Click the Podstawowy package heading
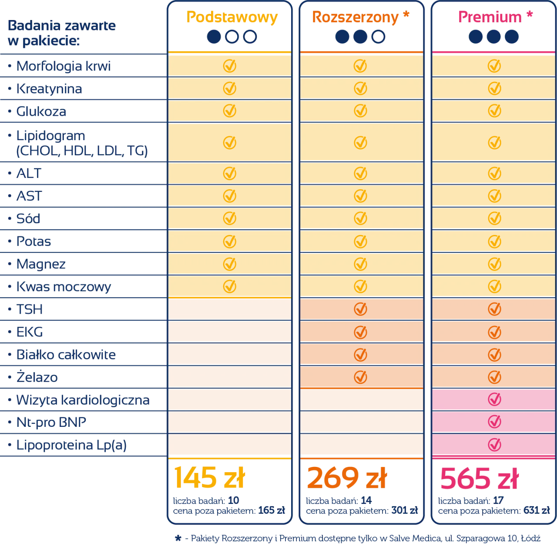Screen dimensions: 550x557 (231, 17)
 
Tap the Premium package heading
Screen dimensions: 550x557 (490, 17)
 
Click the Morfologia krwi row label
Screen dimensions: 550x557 (64, 67)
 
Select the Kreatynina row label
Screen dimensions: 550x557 (49, 89)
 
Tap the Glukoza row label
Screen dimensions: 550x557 (41, 112)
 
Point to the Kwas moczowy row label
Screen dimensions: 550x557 (64, 287)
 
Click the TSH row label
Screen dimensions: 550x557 (30, 310)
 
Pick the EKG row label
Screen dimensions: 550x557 (30, 332)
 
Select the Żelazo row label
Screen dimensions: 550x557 (37, 377)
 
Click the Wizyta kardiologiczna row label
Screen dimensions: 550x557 (83, 400)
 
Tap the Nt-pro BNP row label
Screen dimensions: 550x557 (51, 423)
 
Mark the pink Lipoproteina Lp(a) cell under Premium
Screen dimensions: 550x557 (493, 445)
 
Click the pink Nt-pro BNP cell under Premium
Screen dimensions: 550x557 (493, 423)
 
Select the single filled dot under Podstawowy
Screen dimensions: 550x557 (213, 37)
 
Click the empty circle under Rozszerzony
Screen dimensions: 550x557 (379, 37)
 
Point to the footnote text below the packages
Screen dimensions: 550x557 (358, 539)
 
